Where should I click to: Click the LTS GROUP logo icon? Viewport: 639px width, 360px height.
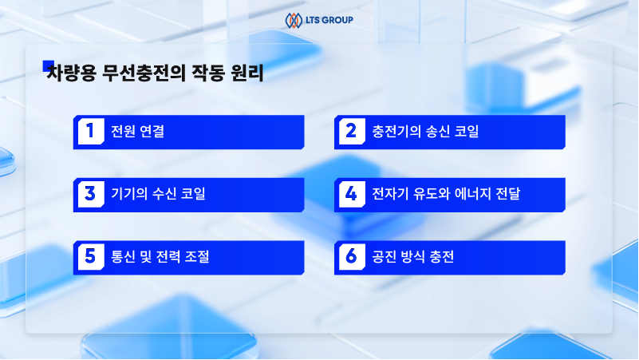pos(293,19)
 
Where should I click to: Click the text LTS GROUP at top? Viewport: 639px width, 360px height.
pos(328,19)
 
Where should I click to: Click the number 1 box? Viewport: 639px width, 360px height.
pos(91,132)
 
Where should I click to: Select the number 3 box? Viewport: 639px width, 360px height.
pos(91,194)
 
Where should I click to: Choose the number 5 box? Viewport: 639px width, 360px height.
pos(91,256)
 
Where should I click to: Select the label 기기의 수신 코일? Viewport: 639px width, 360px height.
pos(158,194)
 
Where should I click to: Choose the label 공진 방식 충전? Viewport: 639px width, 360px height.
pos(413,256)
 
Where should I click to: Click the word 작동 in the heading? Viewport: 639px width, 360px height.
pos(209,75)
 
